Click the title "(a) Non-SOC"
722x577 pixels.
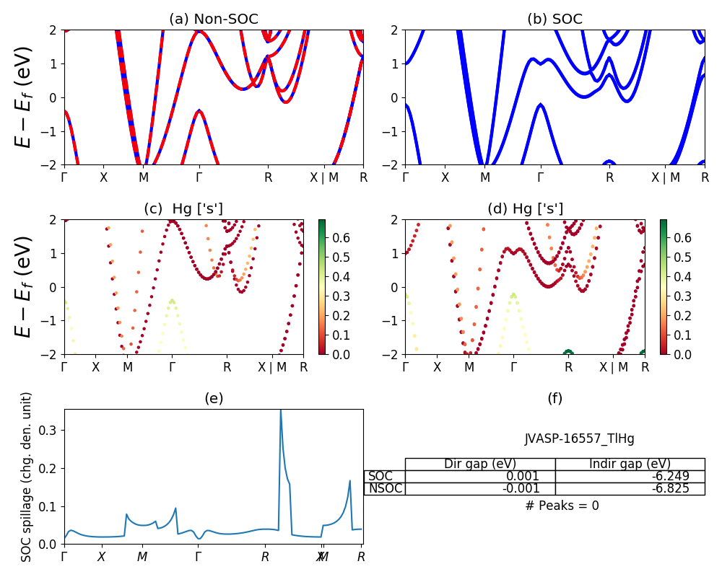point(213,19)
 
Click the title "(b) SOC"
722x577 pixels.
point(554,19)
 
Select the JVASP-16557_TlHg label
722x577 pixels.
point(580,439)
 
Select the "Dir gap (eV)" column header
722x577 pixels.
point(480,464)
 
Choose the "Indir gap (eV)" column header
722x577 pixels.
point(630,464)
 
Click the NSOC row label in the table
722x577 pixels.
point(385,488)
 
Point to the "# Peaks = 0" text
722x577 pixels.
point(562,506)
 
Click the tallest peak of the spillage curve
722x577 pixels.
point(280,411)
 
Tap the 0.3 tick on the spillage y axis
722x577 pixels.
point(51,430)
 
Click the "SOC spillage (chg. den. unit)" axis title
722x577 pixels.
point(27,477)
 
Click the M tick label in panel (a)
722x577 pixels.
point(144,177)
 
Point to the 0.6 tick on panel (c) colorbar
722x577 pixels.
point(341,237)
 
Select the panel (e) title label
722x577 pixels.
point(213,398)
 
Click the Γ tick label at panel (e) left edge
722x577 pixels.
point(64,557)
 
